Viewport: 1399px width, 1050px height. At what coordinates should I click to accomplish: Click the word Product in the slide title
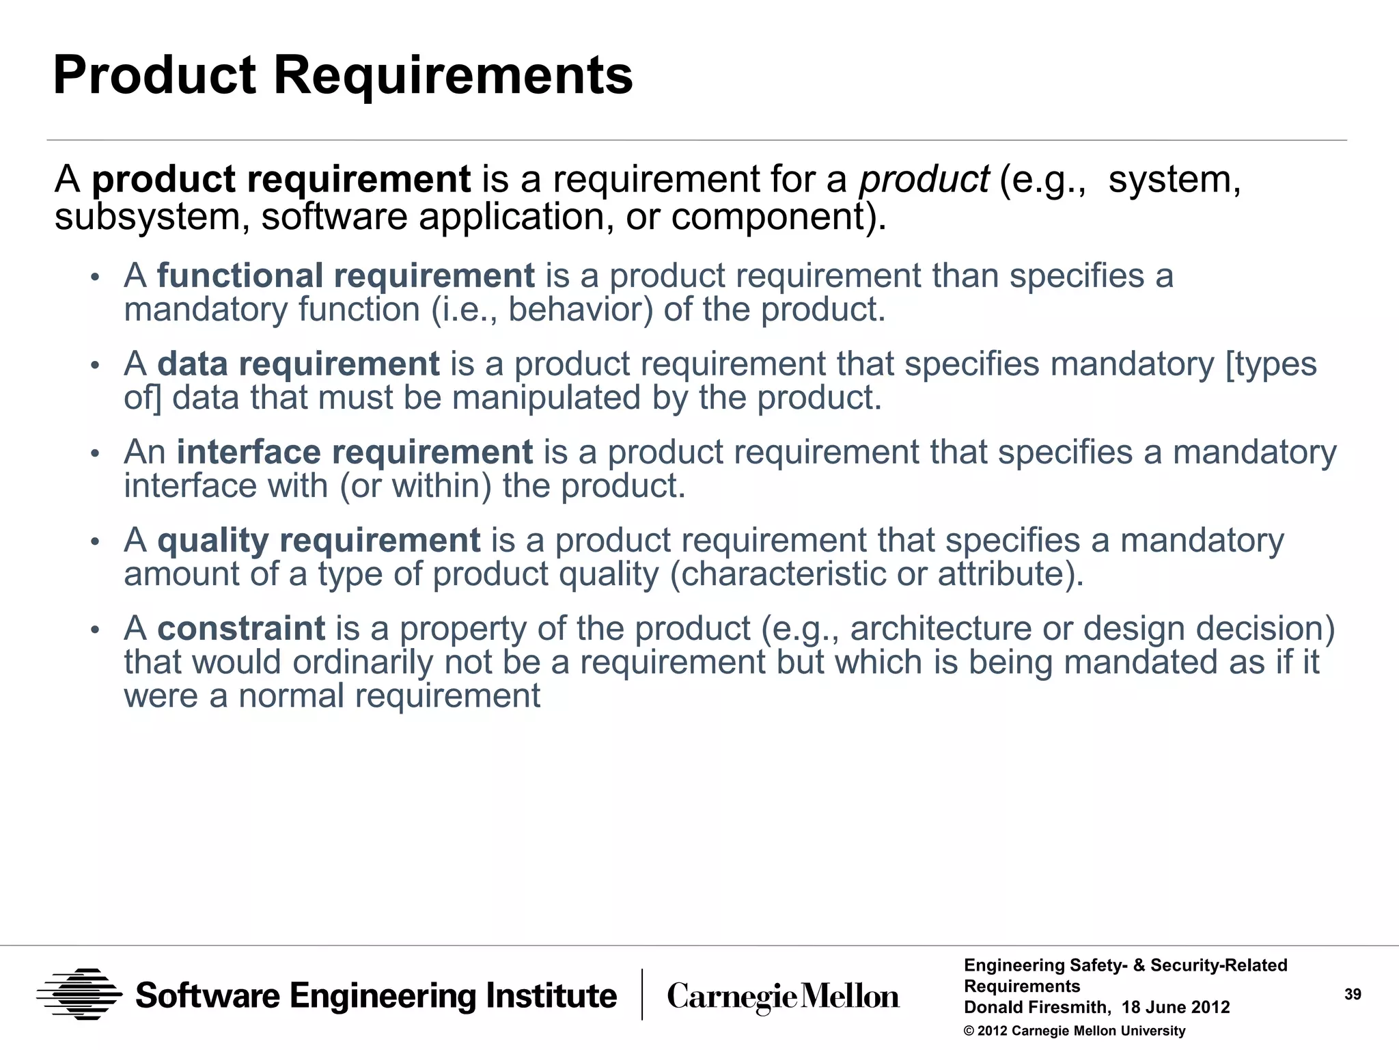[x=154, y=75]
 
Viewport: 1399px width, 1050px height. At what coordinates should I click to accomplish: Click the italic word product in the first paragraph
[x=924, y=180]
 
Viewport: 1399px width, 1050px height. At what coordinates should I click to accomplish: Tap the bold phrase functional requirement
[x=346, y=275]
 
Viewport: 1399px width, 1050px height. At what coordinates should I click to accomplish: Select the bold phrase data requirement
[x=299, y=364]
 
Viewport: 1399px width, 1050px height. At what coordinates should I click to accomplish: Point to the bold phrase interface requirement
[x=355, y=452]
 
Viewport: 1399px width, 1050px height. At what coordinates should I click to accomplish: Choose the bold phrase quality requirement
[x=319, y=540]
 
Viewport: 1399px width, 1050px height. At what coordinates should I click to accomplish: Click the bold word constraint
[x=241, y=628]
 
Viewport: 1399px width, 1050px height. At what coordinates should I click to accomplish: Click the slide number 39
[x=1353, y=995]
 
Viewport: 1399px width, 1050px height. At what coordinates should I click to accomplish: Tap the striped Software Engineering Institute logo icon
[x=79, y=995]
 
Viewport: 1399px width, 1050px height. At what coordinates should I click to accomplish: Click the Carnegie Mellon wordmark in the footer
[x=783, y=997]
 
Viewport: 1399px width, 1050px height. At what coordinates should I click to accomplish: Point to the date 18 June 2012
[x=1176, y=1008]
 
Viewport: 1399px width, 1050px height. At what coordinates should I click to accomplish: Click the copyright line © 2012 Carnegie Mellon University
[x=1075, y=1031]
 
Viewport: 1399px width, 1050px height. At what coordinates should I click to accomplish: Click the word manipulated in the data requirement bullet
[x=546, y=398]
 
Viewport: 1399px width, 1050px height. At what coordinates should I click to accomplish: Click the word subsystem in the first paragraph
[x=151, y=217]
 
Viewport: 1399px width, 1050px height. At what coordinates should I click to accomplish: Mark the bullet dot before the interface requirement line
[x=96, y=454]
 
